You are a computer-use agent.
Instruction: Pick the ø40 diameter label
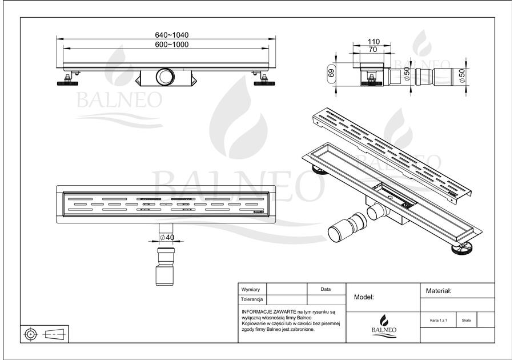click(167, 237)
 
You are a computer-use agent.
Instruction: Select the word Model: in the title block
click(364, 297)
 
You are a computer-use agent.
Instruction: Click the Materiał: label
click(439, 291)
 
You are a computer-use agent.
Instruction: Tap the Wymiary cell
click(251, 290)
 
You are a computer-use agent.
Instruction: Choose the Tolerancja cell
click(252, 299)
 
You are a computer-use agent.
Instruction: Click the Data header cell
click(326, 290)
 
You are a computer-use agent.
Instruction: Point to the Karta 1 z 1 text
click(439, 321)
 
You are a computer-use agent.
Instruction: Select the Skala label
click(467, 321)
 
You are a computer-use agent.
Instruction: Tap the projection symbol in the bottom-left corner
click(45, 333)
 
